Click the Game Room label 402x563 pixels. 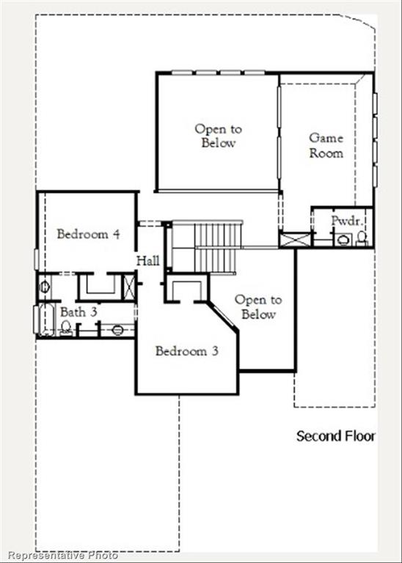[326, 145]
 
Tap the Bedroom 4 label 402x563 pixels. [88, 235]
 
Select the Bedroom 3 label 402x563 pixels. [186, 351]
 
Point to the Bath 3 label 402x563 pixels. [78, 312]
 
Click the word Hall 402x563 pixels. [147, 260]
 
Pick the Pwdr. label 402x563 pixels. [344, 221]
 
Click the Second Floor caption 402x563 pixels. [335, 436]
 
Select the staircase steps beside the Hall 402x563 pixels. [217, 246]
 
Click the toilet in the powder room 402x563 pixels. [361, 238]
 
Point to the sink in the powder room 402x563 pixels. [342, 239]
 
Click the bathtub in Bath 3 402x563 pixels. [40, 320]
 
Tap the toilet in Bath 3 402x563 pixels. [67, 328]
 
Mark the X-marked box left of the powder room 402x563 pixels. [296, 240]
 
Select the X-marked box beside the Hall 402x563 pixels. [129, 286]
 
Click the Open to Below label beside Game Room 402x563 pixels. [218, 136]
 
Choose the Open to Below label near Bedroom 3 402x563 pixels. [257, 307]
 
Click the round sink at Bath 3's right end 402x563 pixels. [117, 330]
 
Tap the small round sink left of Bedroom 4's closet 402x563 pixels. [44, 287]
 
